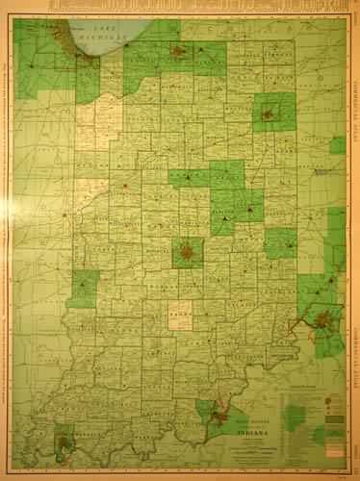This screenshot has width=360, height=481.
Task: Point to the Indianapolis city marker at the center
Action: (187, 254)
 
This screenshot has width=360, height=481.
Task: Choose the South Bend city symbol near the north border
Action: (178, 50)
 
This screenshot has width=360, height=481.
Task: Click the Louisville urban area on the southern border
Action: (220, 417)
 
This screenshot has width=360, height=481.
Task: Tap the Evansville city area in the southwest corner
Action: (64, 444)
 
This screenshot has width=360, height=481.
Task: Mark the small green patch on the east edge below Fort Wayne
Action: (337, 145)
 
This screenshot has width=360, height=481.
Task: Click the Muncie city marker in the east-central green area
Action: (252, 203)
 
